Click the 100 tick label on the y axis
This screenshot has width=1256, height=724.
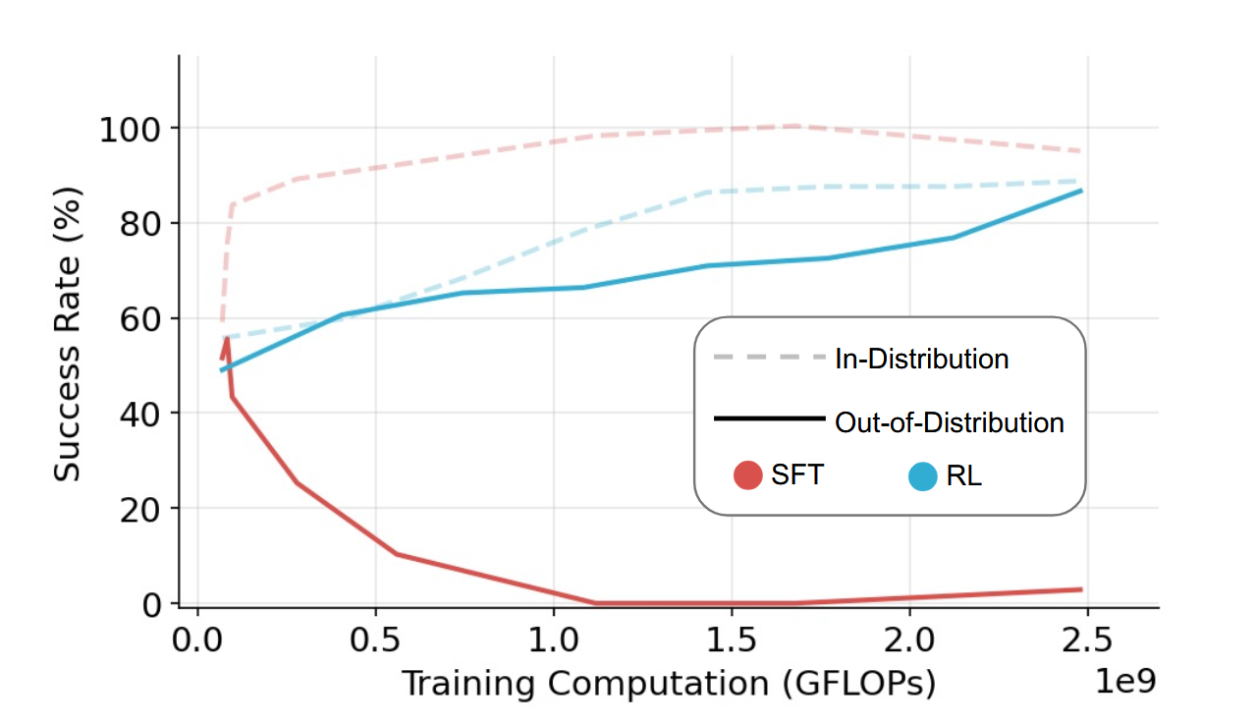click(130, 129)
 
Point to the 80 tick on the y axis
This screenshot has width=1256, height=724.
click(139, 224)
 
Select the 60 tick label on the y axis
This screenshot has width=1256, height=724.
click(139, 319)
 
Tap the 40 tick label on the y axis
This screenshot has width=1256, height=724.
click(139, 414)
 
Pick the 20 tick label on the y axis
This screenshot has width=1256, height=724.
click(139, 509)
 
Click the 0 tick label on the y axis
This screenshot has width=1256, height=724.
click(151, 603)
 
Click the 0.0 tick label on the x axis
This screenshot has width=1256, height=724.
click(197, 641)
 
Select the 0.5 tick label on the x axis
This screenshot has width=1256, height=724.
click(375, 641)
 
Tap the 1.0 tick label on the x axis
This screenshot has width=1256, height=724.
click(553, 641)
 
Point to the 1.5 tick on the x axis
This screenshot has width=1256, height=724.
click(731, 641)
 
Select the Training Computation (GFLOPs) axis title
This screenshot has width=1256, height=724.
click(668, 684)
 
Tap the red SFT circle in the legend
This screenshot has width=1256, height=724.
click(748, 476)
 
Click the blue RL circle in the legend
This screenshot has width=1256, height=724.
click(923, 477)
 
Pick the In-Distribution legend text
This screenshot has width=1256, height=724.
click(921, 360)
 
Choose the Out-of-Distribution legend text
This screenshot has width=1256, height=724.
click(949, 423)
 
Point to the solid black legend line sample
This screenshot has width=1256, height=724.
click(769, 419)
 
